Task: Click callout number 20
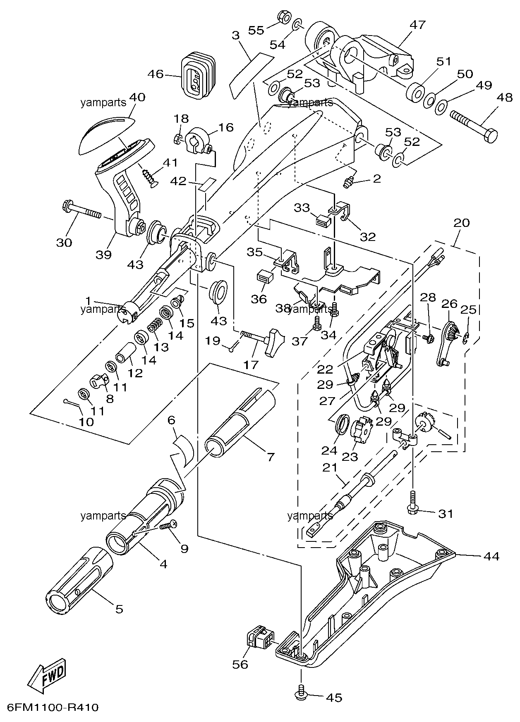point(462,223)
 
